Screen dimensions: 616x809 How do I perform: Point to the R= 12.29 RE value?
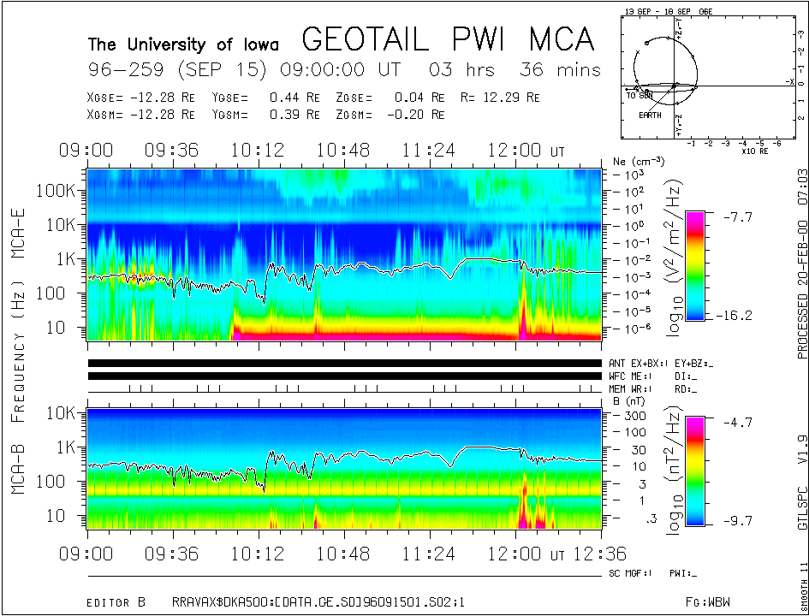pyautogui.click(x=512, y=98)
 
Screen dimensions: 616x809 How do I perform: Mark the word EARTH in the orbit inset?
pyautogui.click(x=650, y=115)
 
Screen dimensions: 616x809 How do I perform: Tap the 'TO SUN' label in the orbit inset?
pyautogui.click(x=639, y=94)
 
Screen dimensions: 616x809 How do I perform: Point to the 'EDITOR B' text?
pyautogui.click(x=116, y=603)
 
